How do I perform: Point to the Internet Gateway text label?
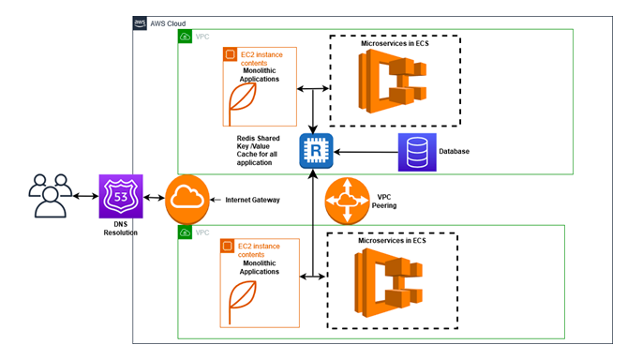(x=254, y=200)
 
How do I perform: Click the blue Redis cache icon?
(x=315, y=151)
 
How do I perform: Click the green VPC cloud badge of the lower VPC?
(x=185, y=231)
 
